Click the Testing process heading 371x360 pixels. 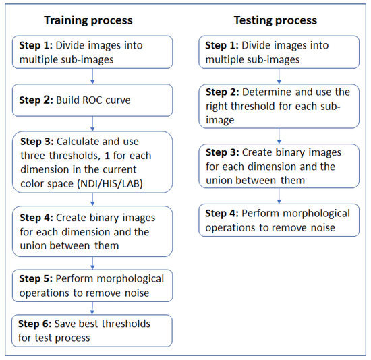click(275, 20)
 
